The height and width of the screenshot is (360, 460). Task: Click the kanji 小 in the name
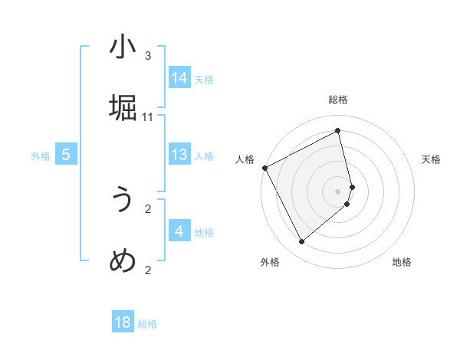pyautogui.click(x=123, y=47)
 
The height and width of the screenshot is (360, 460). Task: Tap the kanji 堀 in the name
pyautogui.click(x=123, y=107)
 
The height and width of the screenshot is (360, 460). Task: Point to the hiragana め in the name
pyautogui.click(x=123, y=260)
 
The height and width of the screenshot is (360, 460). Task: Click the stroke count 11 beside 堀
pyautogui.click(x=148, y=116)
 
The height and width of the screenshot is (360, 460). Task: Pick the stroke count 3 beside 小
pyautogui.click(x=148, y=56)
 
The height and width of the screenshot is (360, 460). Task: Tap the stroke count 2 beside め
pyautogui.click(x=148, y=270)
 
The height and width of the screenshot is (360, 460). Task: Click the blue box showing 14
pyautogui.click(x=179, y=78)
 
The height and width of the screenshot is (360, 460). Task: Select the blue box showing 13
pyautogui.click(x=179, y=155)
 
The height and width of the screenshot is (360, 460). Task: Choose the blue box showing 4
pyautogui.click(x=179, y=231)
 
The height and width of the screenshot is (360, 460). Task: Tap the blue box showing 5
pyautogui.click(x=66, y=155)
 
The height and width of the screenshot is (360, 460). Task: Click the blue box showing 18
pyautogui.click(x=123, y=322)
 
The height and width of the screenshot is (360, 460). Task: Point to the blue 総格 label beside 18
pyautogui.click(x=147, y=324)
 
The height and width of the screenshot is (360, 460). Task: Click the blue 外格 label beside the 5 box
pyautogui.click(x=41, y=156)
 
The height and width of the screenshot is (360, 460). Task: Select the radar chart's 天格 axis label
pyautogui.click(x=431, y=159)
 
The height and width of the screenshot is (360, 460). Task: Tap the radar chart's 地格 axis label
pyautogui.click(x=402, y=262)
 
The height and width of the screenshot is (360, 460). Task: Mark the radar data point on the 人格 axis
pyautogui.click(x=264, y=168)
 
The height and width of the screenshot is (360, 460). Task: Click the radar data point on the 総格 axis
pyautogui.click(x=338, y=131)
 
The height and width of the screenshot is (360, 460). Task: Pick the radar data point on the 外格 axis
pyautogui.click(x=301, y=242)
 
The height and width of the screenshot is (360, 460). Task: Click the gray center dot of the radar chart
pyautogui.click(x=338, y=190)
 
